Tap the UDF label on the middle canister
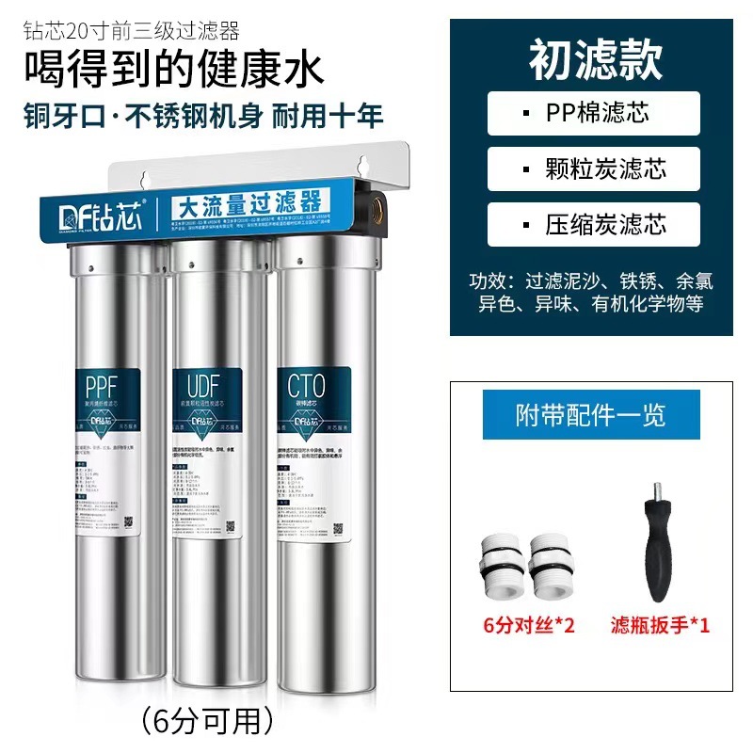(x=200, y=386)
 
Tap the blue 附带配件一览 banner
(x=590, y=415)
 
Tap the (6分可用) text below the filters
(x=206, y=720)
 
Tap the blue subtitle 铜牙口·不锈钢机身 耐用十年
(x=202, y=116)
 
